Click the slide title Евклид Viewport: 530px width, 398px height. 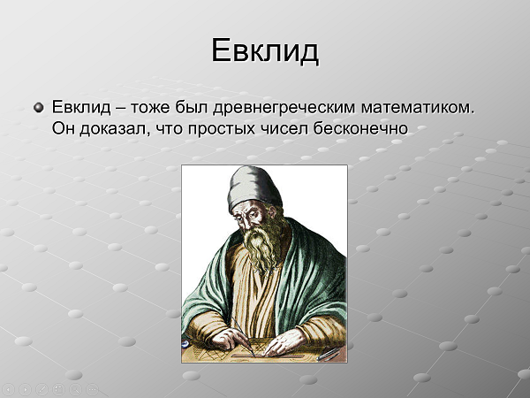click(265, 50)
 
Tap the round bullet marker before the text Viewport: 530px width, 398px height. click(39, 108)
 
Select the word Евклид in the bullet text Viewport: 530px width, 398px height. click(81, 107)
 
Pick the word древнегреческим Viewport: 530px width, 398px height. click(284, 108)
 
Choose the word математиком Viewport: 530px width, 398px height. click(418, 108)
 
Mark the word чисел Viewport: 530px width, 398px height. click(284, 129)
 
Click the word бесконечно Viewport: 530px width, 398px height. click(360, 128)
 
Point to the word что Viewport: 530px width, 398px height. click(169, 129)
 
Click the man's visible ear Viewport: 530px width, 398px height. click(271, 212)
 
